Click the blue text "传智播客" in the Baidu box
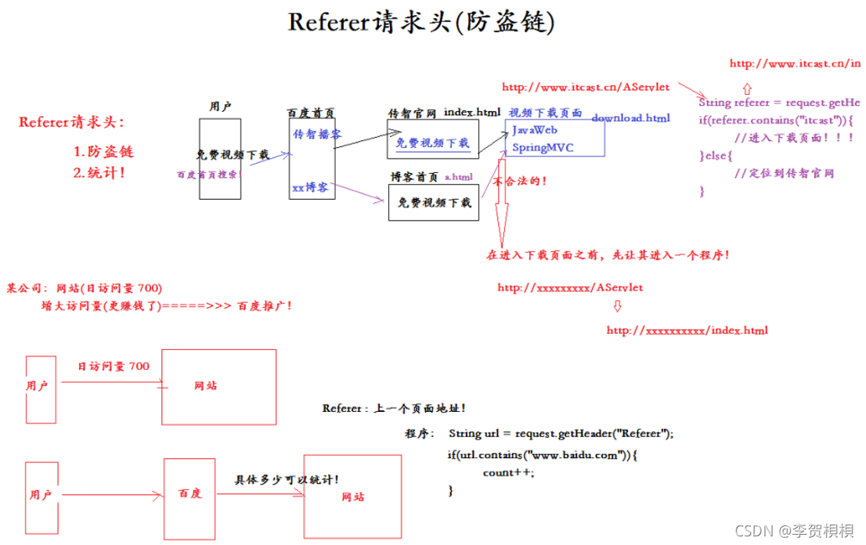[317, 135]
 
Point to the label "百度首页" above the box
[311, 113]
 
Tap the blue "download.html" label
[630, 118]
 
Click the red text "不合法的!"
[519, 181]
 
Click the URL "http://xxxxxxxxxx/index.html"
[687, 330]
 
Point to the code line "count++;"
[508, 472]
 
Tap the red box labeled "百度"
[189, 494]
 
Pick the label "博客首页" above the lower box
[414, 178]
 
